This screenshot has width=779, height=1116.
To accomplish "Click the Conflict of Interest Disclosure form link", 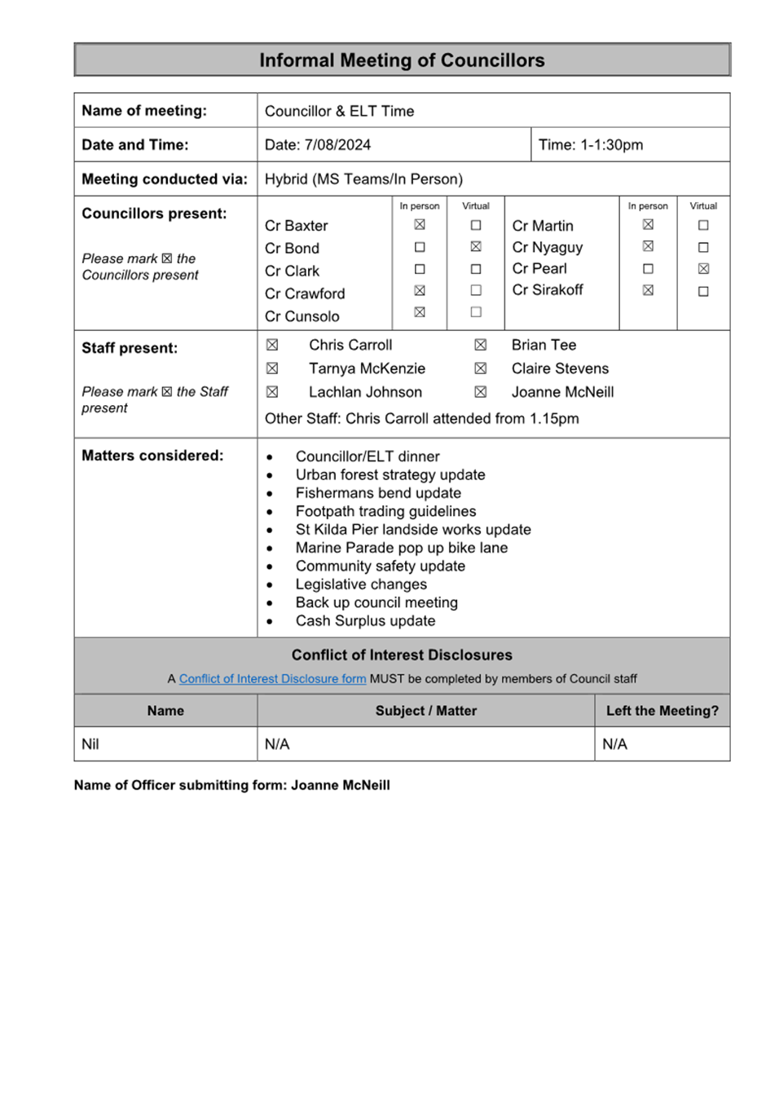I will [x=272, y=678].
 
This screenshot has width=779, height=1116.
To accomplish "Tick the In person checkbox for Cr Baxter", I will [x=420, y=224].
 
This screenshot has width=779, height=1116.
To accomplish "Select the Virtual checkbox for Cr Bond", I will [x=476, y=246].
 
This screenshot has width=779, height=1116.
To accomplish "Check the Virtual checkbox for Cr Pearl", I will [x=703, y=268].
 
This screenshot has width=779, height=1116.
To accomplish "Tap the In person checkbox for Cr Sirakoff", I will [x=648, y=289].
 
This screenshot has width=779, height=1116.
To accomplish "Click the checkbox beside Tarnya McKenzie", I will [x=272, y=368].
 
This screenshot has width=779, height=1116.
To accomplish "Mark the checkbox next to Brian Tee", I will [x=481, y=345].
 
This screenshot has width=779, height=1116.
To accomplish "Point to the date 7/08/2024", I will [x=337, y=144].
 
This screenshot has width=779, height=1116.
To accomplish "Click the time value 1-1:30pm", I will [x=611, y=144].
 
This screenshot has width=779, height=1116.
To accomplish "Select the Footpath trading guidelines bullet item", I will [x=385, y=511].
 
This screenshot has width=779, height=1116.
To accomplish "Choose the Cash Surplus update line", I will [x=365, y=620].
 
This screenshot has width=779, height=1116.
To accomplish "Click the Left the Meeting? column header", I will [x=662, y=710].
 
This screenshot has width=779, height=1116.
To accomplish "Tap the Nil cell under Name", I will [x=90, y=743].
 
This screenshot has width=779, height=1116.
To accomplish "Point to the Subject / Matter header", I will [x=426, y=710].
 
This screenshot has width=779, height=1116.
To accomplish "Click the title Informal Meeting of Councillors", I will [x=402, y=60].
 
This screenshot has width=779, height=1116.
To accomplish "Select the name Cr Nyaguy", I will [x=548, y=247].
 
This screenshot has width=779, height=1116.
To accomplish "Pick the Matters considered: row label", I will [x=152, y=455].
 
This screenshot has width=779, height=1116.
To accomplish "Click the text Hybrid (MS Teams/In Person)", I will [x=363, y=179].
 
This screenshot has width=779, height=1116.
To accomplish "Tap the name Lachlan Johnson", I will [x=365, y=392].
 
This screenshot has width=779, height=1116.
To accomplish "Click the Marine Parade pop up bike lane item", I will [x=402, y=548].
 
